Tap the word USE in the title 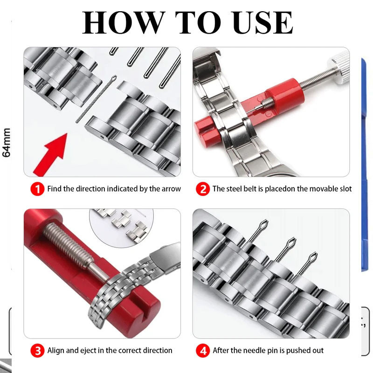263,22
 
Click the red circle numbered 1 37,189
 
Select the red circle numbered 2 203,189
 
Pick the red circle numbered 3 37,351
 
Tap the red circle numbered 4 203,351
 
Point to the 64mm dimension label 7,143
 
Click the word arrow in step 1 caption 171,189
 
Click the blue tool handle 365,164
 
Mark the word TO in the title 198,22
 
